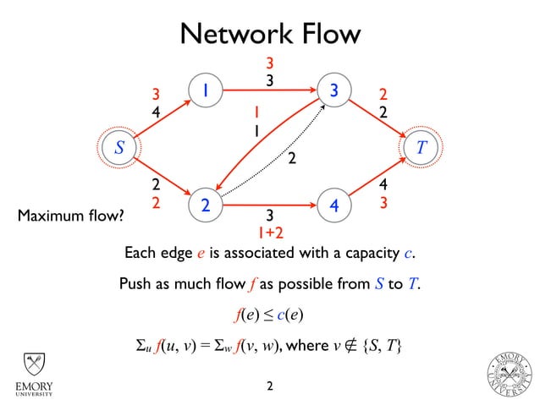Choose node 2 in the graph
coord(205,205)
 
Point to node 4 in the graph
coord(334,205)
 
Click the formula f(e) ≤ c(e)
coord(269,315)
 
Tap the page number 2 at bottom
coord(270,387)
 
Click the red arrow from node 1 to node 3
coord(269,90)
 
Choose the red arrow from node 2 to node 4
coord(269,205)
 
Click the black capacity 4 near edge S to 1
coord(156,110)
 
